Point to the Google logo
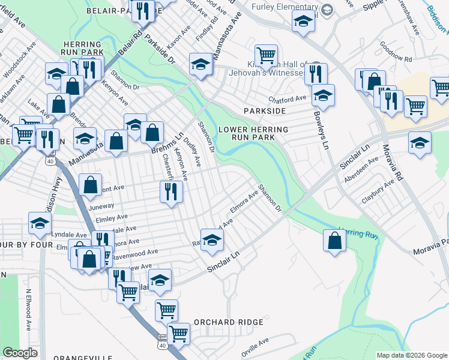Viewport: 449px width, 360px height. (x=20, y=352)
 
